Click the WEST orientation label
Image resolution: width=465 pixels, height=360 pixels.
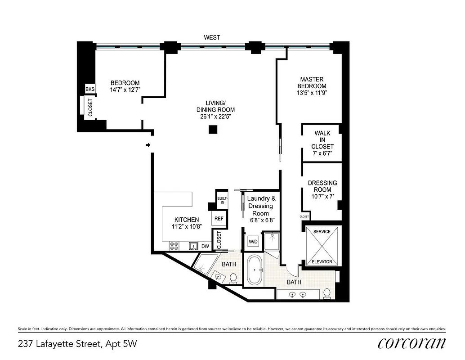point(212,37)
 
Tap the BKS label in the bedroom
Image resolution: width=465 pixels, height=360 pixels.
point(90,89)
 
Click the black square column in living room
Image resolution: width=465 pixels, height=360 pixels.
point(213,130)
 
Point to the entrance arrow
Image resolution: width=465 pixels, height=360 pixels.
point(148,145)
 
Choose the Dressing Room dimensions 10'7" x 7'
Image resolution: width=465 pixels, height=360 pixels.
point(322,196)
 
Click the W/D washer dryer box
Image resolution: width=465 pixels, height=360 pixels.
point(253,242)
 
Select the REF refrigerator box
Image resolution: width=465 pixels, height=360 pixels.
point(219,219)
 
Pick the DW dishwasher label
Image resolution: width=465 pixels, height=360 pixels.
point(205,246)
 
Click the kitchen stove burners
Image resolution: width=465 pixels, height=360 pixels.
point(174,246)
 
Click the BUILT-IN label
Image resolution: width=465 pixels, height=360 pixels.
point(222,200)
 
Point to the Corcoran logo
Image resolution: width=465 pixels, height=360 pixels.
point(412,343)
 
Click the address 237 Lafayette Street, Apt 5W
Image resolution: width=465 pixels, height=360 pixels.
point(77,344)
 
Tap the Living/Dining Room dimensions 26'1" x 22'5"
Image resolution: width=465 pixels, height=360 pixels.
point(215,117)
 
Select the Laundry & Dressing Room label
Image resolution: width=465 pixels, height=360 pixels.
point(260,206)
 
